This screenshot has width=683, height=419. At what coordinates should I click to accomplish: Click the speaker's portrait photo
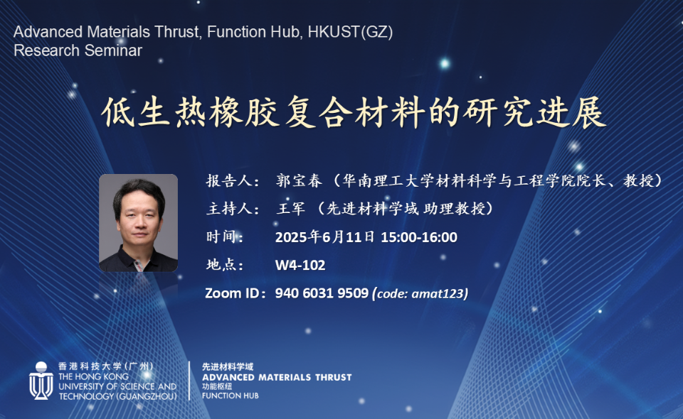pos(139,223)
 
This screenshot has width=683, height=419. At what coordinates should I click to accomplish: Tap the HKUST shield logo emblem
pos(41,381)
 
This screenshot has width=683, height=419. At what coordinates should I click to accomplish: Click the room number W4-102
pos(300,265)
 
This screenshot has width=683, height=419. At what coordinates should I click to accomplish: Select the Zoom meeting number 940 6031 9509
pos(322,293)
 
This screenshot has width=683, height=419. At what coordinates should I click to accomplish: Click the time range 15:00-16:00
pos(419,237)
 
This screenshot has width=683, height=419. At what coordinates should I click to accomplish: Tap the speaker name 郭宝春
pos(299,180)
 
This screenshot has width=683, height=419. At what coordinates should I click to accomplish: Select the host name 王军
pos(291,209)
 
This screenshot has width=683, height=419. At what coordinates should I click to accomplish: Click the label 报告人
pos(229,180)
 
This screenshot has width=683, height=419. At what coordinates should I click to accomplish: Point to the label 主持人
pos(229,209)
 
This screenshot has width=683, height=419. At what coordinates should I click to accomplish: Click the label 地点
pos(221,265)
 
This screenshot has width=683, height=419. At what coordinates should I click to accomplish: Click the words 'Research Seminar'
pos(78,51)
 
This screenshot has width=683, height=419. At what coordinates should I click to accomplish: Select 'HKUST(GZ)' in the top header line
pos(350,32)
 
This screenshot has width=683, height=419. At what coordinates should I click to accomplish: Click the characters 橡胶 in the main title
pos(244,113)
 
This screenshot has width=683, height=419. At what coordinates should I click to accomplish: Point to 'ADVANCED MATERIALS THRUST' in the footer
pos(277,377)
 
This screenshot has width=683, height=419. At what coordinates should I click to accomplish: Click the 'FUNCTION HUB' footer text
pos(230,396)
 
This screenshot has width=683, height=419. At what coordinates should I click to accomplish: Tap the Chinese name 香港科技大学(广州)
pos(106,366)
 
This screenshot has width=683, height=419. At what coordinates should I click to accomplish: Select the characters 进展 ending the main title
pos(571,113)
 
